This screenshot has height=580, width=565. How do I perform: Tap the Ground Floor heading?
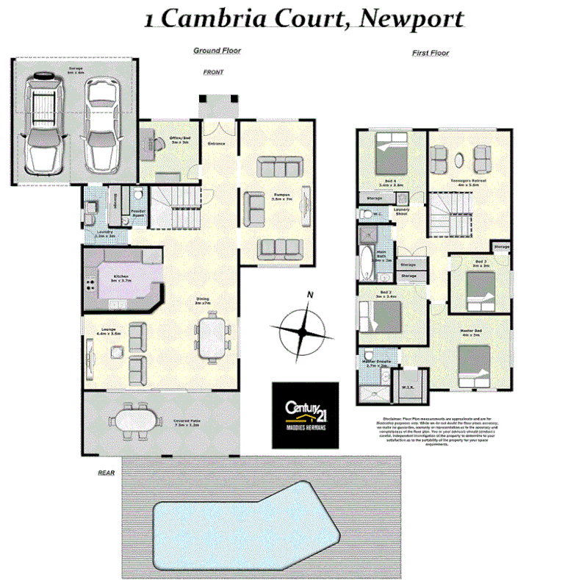click(217, 50)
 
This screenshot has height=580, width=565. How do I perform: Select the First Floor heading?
click(431, 53)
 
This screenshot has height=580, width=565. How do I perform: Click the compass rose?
click(303, 329)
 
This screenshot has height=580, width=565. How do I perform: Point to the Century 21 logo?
click(305, 415)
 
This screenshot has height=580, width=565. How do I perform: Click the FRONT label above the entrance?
click(213, 72)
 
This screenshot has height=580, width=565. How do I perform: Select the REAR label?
click(107, 473)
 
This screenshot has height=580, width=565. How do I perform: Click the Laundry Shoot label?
click(400, 212)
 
